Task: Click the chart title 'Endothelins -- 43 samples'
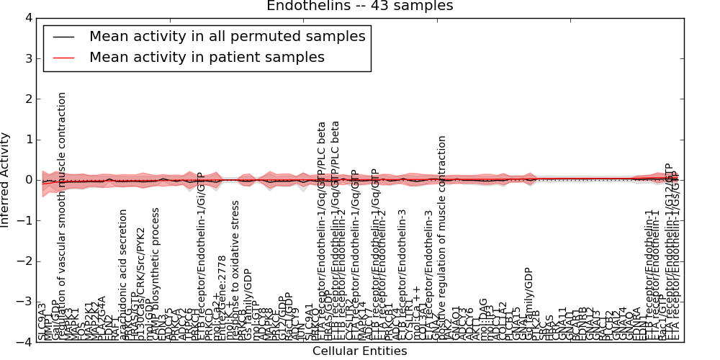(x=360, y=6)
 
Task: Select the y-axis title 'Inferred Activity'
(x=6, y=180)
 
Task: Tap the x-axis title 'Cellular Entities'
(x=360, y=351)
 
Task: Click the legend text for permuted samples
(x=228, y=37)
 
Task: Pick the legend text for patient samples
(x=207, y=57)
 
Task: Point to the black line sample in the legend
(x=63, y=37)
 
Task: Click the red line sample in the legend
(x=63, y=58)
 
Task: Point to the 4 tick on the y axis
(x=27, y=18)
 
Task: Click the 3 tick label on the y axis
(x=27, y=58)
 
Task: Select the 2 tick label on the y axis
(x=27, y=99)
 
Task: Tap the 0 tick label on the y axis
(x=27, y=180)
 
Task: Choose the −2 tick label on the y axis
(x=24, y=261)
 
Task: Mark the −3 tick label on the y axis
(x=24, y=302)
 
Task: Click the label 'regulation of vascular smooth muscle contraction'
(x=63, y=216)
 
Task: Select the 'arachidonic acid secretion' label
(x=123, y=274)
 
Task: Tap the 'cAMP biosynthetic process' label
(x=155, y=274)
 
